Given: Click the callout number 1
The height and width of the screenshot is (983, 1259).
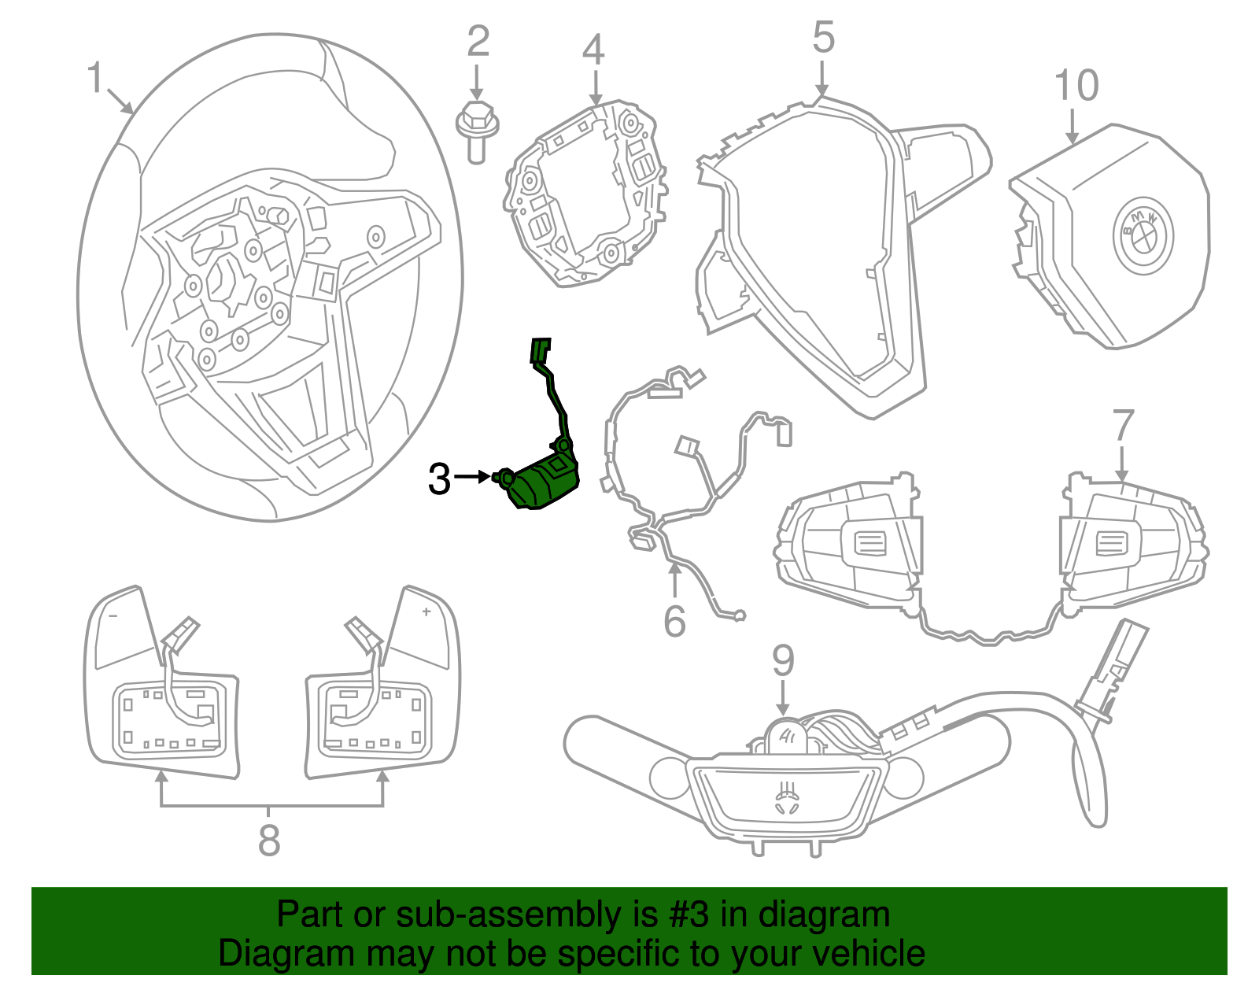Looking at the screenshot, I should tap(95, 78).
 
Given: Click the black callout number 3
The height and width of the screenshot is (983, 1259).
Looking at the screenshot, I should tap(439, 479).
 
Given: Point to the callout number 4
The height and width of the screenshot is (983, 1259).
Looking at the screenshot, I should tap(593, 50).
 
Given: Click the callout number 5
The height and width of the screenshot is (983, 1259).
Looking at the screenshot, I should tap(823, 38).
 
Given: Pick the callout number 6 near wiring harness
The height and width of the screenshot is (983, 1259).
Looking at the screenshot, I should tap(674, 622).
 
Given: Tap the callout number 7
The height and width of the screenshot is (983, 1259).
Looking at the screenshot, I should tap(1123, 427).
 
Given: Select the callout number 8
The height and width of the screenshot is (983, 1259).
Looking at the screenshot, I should tap(269, 841).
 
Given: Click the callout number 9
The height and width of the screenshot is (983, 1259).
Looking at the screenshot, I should tap(783, 660).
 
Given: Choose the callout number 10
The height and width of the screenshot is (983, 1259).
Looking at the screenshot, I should tap(1076, 86).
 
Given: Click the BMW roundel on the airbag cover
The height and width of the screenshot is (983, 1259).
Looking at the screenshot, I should tap(1143, 235).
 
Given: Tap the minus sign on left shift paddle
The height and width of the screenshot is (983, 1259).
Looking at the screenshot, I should tap(113, 615).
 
